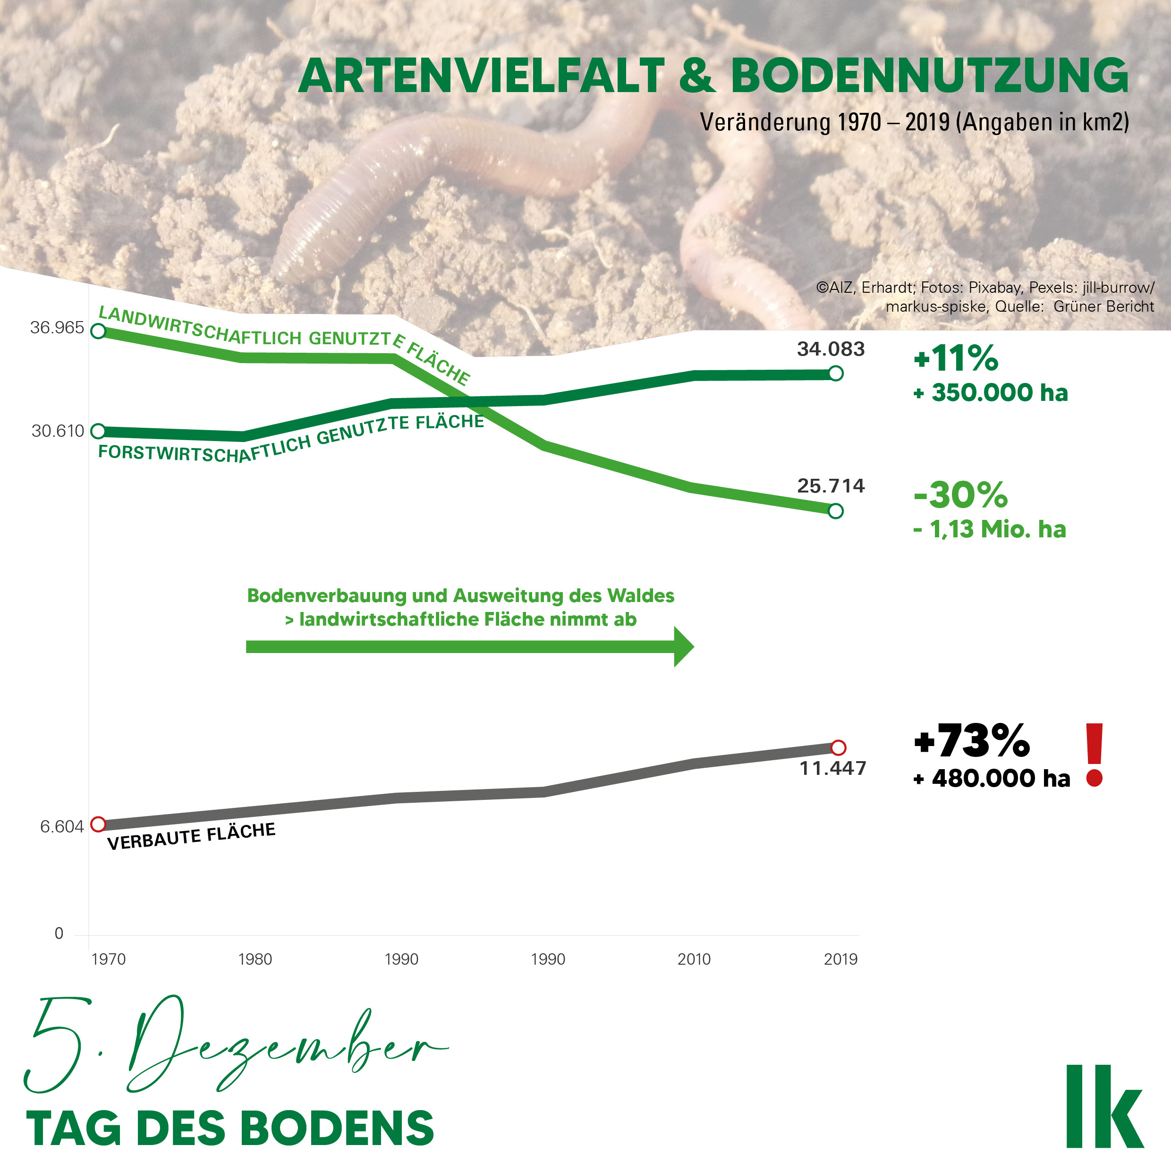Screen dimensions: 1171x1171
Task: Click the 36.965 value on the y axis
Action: click(57, 328)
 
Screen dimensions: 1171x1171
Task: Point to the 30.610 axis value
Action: click(58, 431)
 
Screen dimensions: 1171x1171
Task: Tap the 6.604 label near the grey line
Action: click(62, 827)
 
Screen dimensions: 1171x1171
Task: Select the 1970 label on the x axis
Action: click(109, 959)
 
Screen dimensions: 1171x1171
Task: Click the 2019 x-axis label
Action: click(840, 959)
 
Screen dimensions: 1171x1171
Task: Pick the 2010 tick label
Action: click(694, 959)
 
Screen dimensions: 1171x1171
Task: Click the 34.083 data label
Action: click(831, 349)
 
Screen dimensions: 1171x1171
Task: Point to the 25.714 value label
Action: click(831, 485)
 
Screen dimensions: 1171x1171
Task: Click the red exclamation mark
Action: click(1095, 755)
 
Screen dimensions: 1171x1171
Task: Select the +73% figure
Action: click(972, 741)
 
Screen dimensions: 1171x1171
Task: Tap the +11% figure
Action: click(956, 358)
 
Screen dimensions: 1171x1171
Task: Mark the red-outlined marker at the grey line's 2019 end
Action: click(838, 747)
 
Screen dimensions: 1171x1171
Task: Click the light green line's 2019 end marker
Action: click(835, 511)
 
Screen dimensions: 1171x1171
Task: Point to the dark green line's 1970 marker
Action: click(98, 432)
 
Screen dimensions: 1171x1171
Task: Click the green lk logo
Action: click(1104, 1106)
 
